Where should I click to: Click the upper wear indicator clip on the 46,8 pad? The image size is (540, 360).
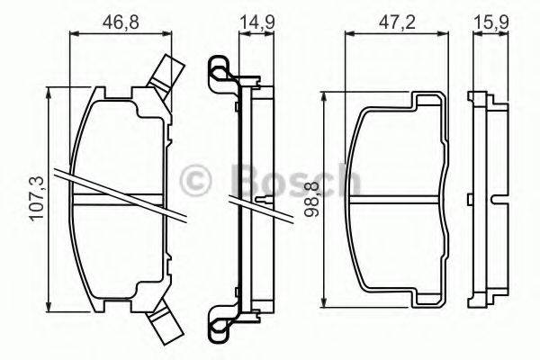(x=167, y=73)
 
